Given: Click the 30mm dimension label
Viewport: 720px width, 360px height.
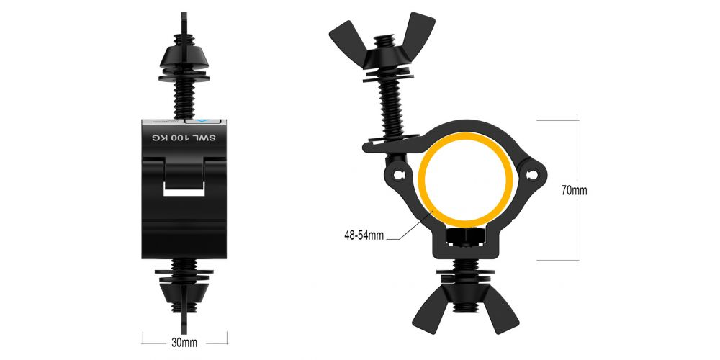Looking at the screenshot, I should (x=185, y=343).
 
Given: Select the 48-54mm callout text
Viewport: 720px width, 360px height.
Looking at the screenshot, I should (x=364, y=235).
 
